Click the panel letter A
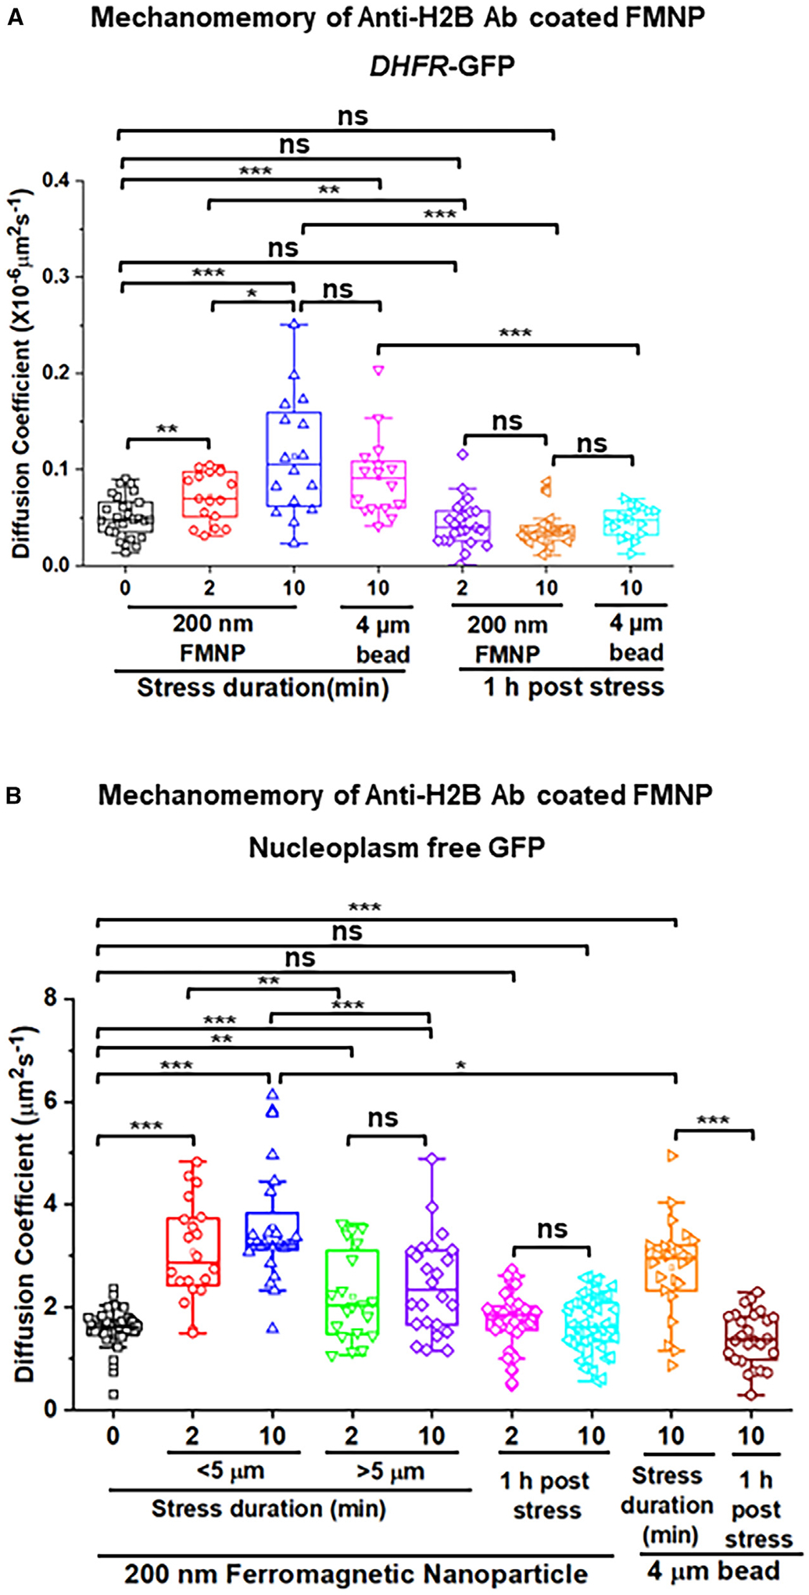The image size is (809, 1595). (x=15, y=17)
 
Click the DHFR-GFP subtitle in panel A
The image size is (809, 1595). (x=442, y=66)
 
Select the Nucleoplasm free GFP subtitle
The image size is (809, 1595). (x=396, y=848)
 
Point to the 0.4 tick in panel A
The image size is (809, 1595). (x=55, y=181)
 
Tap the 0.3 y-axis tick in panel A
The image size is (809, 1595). (x=55, y=277)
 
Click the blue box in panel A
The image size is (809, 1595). (x=294, y=459)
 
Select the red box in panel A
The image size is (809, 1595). (x=210, y=493)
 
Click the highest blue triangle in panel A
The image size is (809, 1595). (x=294, y=324)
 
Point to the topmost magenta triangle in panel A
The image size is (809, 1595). (x=378, y=371)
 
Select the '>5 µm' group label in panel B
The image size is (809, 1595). (x=390, y=1471)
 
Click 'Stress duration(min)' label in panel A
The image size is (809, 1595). (x=263, y=688)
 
